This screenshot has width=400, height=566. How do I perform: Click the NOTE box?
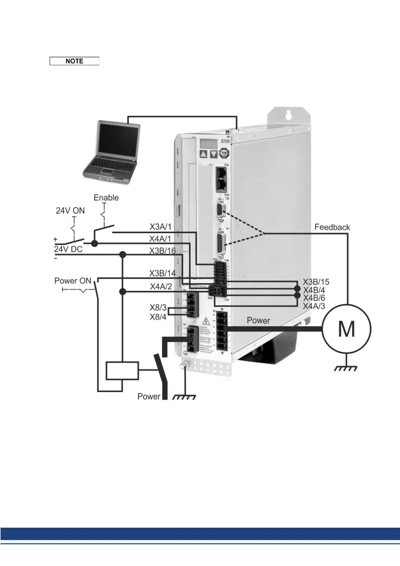(74, 61)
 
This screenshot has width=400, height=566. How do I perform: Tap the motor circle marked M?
(347, 329)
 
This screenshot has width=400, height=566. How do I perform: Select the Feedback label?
(332, 227)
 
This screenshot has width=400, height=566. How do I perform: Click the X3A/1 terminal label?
(160, 227)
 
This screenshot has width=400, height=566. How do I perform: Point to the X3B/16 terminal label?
(162, 251)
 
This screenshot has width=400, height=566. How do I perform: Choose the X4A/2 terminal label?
(161, 287)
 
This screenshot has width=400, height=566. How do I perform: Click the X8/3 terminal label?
(158, 307)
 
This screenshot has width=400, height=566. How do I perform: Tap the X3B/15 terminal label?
(316, 282)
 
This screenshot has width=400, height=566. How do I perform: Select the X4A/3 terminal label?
(314, 306)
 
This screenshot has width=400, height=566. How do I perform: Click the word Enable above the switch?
(106, 198)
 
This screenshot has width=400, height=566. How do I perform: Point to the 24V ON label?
(70, 211)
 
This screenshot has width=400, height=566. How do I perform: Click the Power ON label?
(73, 281)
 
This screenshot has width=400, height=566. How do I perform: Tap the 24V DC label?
(68, 249)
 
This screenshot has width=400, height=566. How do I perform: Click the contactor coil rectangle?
(122, 371)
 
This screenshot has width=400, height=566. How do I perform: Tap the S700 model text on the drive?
(225, 141)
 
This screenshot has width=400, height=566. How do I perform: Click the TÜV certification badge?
(224, 154)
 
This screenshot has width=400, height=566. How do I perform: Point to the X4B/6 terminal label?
(314, 298)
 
